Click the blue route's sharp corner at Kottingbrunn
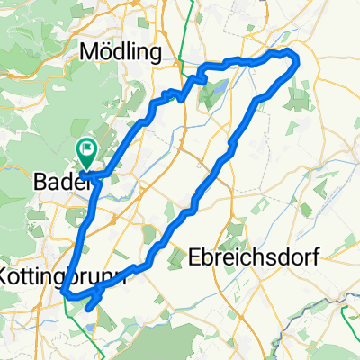pyautogui.click(x=67, y=291)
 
